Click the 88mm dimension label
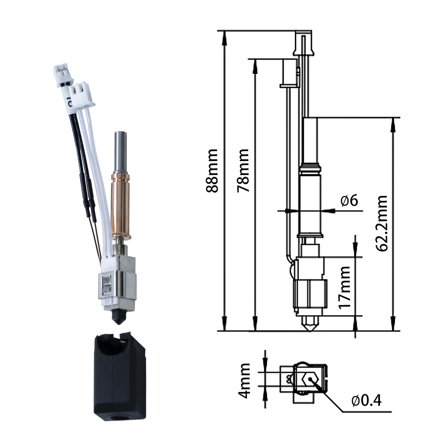coord(212,170)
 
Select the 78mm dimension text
coord(243,170)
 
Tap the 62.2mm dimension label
coord(381,223)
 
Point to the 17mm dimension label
coord(344,287)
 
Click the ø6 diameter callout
coord(349,201)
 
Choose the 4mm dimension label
coord(245,380)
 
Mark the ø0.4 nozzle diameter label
coord(366,400)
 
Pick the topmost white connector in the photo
coord(63,74)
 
